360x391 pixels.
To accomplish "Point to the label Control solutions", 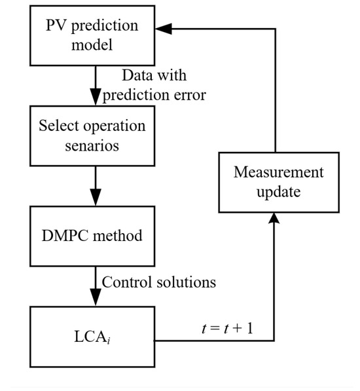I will (x=158, y=283).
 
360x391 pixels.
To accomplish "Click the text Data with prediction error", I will (x=154, y=86).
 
